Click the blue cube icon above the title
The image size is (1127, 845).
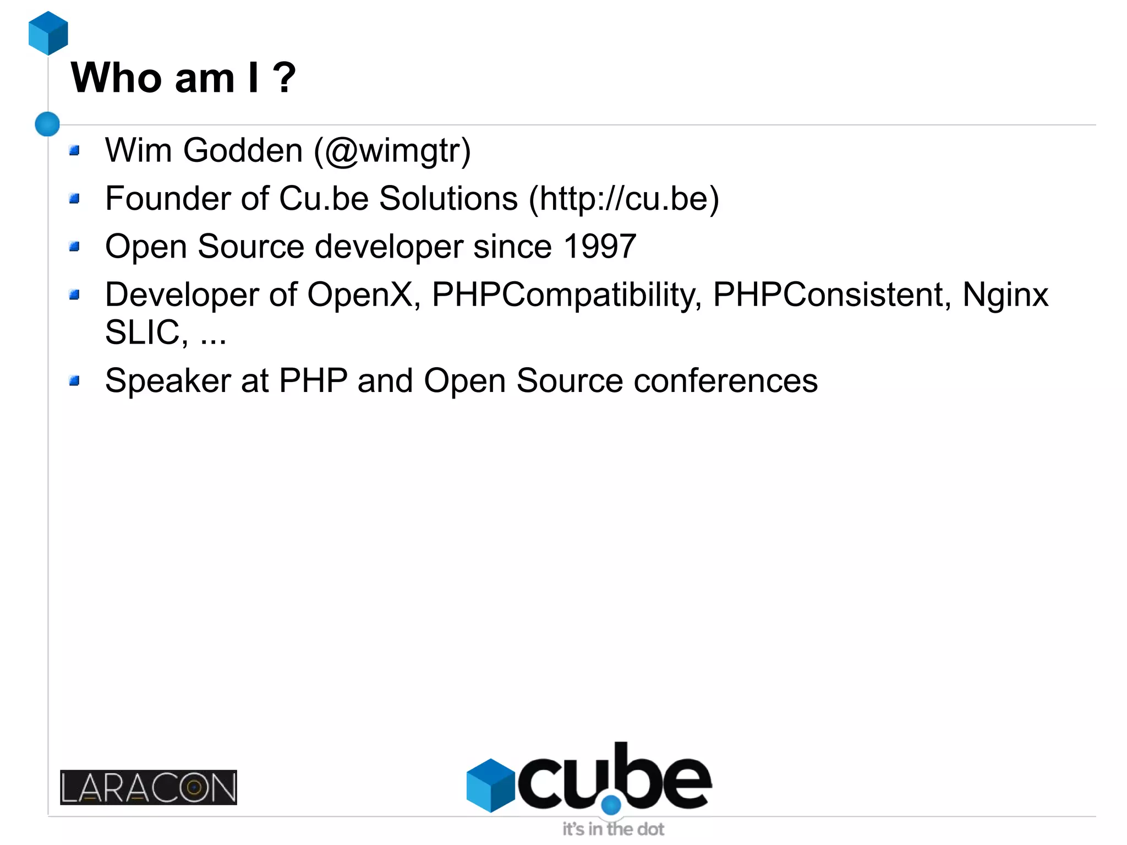(48, 33)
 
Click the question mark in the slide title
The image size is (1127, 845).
(285, 78)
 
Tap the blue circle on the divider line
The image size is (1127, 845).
(47, 124)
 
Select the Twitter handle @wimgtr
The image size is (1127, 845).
(392, 151)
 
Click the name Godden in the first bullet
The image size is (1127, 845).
(243, 150)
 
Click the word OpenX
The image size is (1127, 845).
(360, 295)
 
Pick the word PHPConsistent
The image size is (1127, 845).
(828, 295)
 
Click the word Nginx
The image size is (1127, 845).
(1005, 295)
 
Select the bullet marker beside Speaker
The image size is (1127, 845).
(75, 381)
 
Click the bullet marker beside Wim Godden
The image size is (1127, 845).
(75, 150)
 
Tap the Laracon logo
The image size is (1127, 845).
(149, 787)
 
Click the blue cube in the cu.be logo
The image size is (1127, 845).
(490, 785)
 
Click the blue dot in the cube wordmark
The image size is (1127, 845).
(611, 805)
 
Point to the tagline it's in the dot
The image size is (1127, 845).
(613, 829)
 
